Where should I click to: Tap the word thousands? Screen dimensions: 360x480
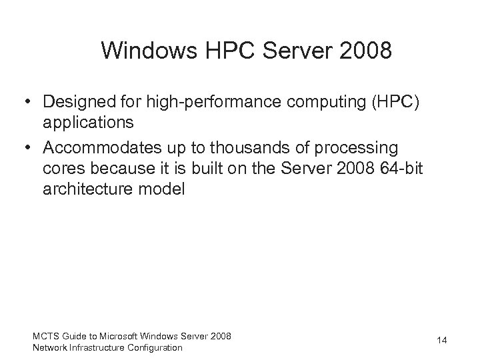pos(259,147)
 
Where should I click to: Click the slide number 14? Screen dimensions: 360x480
pos(441,341)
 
